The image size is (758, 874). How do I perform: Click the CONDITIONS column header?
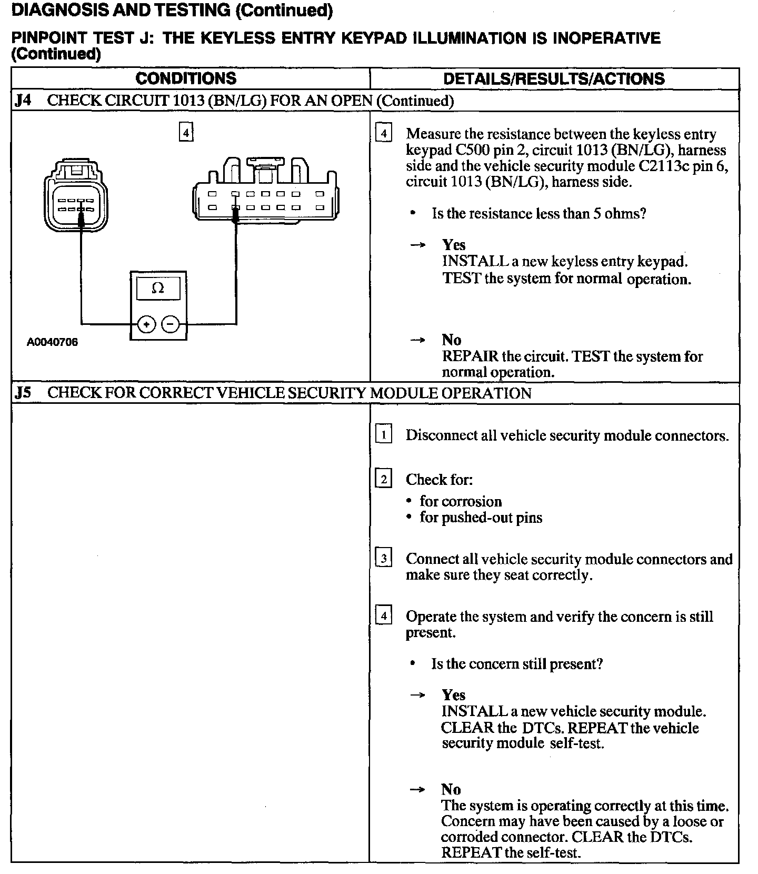coord(186,78)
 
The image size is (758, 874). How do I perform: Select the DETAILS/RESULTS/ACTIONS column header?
coord(554,79)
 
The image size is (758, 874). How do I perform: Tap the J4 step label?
coord(23,101)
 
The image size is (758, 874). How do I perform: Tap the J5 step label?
coord(23,393)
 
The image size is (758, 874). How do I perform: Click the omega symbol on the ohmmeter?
coord(157,288)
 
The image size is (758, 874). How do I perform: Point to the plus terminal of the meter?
coord(146,324)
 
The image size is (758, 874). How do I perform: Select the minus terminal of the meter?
coord(170,324)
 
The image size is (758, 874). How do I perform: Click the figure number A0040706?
coord(53,342)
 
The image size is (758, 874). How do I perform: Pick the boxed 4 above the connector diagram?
coord(186,132)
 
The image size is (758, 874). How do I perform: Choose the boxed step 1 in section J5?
coord(383,435)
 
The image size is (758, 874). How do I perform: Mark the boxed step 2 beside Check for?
coord(383,479)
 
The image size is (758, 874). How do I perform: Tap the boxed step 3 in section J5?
coord(383,558)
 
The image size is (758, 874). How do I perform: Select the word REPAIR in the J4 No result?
coord(470,356)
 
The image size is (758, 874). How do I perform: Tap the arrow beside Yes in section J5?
coord(417,696)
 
